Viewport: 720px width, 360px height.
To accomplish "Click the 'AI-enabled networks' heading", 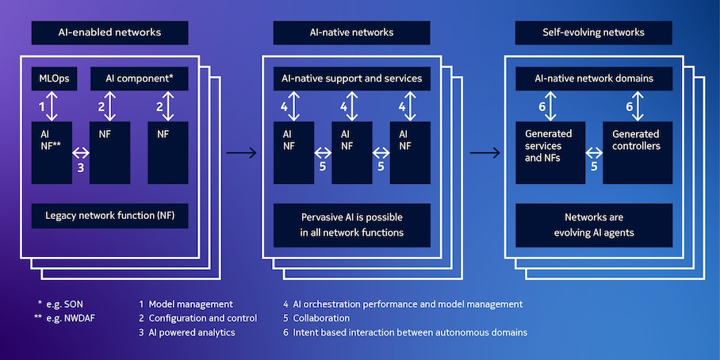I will (x=109, y=33).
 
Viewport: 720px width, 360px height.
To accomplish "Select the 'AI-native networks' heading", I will (x=351, y=33).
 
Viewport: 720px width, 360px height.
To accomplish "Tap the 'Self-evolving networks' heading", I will (x=593, y=33).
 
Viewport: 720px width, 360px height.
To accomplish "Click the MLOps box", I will (x=55, y=79).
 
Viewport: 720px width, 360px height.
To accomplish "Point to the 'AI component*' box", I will (x=140, y=79).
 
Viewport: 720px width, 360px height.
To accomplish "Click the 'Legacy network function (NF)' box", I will (x=109, y=216).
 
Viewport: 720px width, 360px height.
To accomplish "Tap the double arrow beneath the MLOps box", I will (x=55, y=105).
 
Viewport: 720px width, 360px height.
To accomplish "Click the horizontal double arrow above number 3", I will (x=81, y=152).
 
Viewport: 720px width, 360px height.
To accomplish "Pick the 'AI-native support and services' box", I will (x=351, y=79).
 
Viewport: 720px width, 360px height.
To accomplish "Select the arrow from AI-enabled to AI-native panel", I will (x=241, y=152).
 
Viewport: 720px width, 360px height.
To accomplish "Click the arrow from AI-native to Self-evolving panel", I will (x=483, y=152).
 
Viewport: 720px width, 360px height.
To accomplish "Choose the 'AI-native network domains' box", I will (x=593, y=79).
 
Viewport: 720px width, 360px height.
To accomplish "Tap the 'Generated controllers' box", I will (x=637, y=151).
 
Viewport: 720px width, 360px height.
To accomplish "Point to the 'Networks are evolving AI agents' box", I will (x=593, y=224).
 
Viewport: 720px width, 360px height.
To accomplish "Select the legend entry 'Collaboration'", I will (x=316, y=318).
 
